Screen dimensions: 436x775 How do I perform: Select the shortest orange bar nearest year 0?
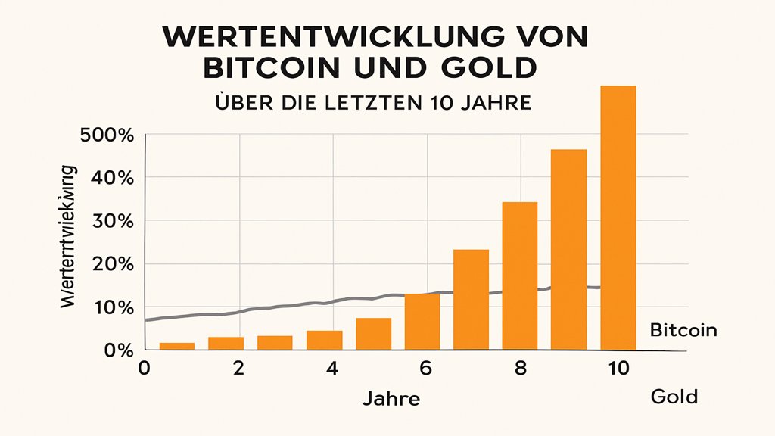click(x=176, y=346)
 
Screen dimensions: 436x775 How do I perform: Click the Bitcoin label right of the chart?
click(x=683, y=331)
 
